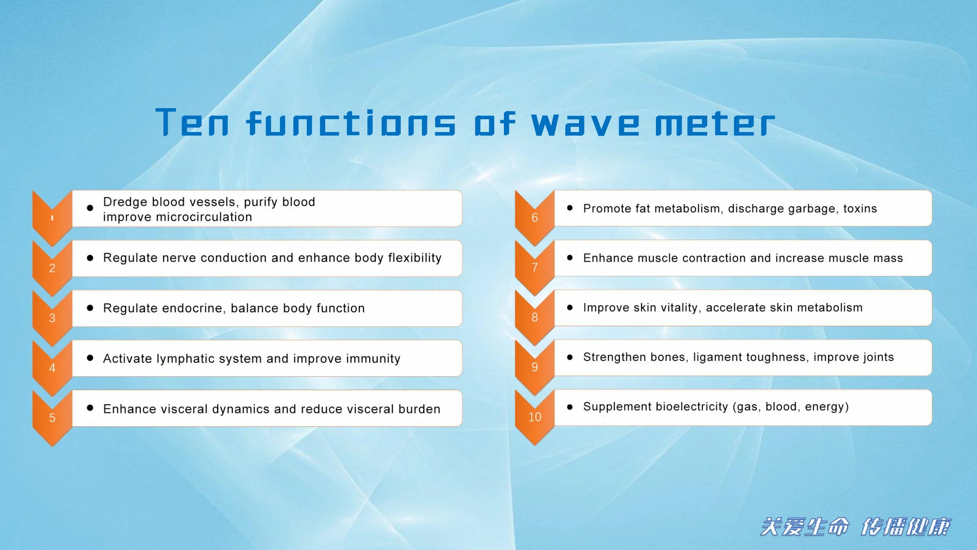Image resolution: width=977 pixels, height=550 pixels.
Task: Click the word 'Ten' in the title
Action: [192, 122]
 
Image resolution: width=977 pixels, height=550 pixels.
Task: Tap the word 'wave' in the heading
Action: [585, 124]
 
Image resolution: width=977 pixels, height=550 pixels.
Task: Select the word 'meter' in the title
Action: [715, 123]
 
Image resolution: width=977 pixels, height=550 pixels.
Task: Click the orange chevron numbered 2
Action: [52, 268]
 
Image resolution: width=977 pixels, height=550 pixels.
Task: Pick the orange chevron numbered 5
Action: [52, 418]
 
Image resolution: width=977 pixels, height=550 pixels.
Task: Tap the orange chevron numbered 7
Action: [535, 267]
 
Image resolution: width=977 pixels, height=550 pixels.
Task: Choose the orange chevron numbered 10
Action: [535, 417]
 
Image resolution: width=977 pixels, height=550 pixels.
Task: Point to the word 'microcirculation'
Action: [204, 217]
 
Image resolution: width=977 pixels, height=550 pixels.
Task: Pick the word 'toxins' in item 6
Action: [860, 209]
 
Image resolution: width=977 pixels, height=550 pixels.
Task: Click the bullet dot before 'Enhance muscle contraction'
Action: [570, 258]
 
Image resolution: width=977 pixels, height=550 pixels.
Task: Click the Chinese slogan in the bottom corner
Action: [855, 527]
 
